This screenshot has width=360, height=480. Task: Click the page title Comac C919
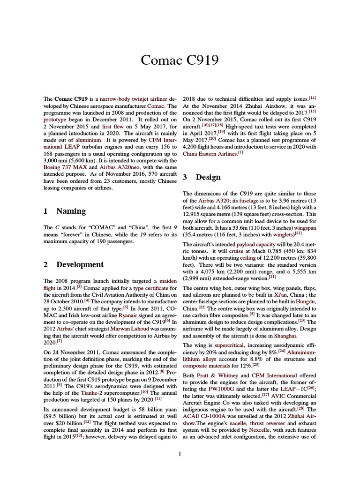pyautogui.click(x=180, y=60)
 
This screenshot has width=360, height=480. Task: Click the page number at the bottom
pyautogui.click(x=180, y=453)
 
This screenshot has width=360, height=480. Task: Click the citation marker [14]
pyautogui.click(x=313, y=97)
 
